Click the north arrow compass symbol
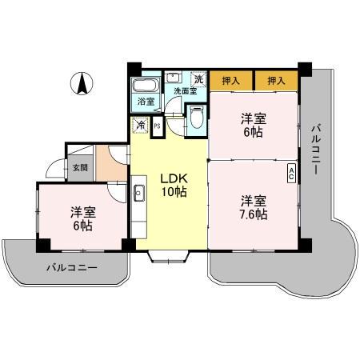click(82, 83)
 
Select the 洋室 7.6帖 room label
click(252, 207)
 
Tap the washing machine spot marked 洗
click(198, 79)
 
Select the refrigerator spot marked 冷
click(140, 126)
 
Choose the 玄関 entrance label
click(80, 168)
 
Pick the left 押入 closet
click(231, 81)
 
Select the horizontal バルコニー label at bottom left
click(71, 266)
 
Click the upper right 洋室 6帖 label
click(254, 125)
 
